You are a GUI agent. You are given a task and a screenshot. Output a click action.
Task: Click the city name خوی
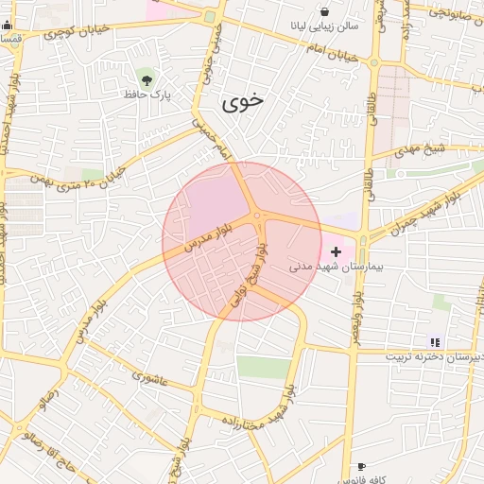click(x=244, y=103)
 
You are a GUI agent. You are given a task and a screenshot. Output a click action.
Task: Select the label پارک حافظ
click(x=145, y=94)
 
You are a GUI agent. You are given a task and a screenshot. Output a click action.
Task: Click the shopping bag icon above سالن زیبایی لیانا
click(x=324, y=11)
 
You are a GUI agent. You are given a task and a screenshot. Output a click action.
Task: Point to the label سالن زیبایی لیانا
click(x=324, y=27)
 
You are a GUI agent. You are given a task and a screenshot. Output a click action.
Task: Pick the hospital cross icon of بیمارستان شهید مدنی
click(x=336, y=251)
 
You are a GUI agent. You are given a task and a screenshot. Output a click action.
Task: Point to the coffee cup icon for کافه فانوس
click(x=361, y=467)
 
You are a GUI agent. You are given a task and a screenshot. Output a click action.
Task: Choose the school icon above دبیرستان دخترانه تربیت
click(x=434, y=342)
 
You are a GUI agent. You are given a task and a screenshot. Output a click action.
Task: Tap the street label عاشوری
click(x=149, y=378)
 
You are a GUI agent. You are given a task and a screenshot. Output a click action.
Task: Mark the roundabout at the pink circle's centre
click(x=257, y=218)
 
